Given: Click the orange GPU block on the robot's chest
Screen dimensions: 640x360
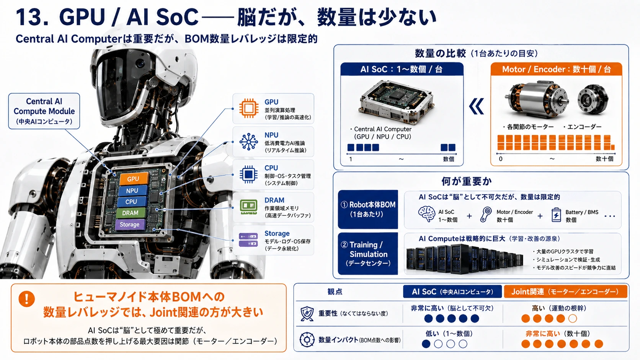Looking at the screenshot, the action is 134,178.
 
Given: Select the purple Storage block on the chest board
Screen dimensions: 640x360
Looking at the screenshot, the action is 130,225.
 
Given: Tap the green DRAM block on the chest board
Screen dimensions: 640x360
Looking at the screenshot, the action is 131,213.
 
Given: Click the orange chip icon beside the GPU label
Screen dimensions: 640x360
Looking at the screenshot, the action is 248,108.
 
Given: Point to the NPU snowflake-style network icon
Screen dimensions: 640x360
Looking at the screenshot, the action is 248,142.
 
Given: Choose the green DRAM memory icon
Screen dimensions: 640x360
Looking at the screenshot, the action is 248,207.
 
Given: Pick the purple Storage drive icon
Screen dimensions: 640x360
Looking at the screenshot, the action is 248,240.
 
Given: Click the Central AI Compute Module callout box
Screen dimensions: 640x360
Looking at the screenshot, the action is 44,111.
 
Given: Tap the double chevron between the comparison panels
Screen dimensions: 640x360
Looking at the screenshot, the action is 477,106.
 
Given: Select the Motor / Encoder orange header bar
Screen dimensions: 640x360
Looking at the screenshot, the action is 556,69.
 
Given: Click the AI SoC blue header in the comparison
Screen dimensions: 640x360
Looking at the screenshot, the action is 402,69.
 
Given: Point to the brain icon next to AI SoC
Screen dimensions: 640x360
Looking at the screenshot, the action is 426,214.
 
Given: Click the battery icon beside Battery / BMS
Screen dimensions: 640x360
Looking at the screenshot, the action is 556,215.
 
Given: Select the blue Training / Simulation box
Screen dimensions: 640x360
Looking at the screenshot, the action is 368,254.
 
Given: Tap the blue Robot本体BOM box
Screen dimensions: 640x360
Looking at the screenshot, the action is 368,209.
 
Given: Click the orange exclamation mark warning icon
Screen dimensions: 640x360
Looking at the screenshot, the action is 26,299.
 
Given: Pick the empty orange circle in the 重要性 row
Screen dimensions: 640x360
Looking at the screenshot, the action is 572,318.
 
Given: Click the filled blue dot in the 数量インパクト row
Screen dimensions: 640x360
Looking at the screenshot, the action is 426,344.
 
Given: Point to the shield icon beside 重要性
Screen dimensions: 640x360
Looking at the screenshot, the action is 307,313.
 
